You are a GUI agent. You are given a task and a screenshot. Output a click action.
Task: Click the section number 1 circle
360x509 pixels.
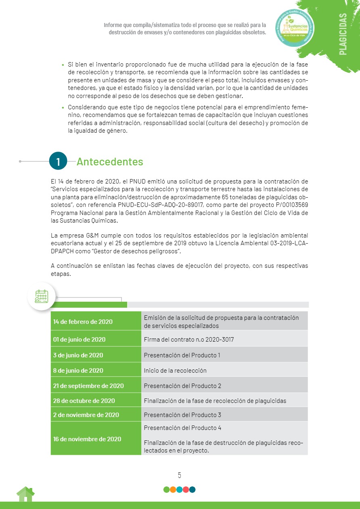(x=58, y=161)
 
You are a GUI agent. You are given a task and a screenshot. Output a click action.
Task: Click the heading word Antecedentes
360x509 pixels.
(x=110, y=162)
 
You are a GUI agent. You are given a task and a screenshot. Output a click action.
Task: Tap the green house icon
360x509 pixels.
(x=25, y=494)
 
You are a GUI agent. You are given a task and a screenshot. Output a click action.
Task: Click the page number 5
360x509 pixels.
(x=180, y=475)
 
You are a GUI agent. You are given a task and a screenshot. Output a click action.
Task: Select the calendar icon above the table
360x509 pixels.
(x=41, y=296)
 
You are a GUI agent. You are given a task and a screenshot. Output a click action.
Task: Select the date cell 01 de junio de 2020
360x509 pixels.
(x=80, y=340)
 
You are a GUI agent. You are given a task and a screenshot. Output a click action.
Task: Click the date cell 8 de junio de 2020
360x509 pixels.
(x=78, y=371)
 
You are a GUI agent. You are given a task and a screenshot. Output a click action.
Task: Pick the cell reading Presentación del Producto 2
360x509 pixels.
(x=182, y=386)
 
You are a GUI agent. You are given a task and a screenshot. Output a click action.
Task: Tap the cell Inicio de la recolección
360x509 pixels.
(x=175, y=371)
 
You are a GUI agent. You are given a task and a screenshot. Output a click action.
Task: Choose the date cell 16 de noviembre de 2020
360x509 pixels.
(x=87, y=439)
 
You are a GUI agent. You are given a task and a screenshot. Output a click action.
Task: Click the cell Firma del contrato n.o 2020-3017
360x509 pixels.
(x=189, y=340)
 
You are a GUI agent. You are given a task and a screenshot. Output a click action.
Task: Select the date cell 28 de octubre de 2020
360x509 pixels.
(x=84, y=401)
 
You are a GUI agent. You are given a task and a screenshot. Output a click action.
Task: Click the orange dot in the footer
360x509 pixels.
(x=173, y=490)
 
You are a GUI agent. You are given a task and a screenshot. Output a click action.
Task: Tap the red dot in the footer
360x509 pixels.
(x=186, y=490)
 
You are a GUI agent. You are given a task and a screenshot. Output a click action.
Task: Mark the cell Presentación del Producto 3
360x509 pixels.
(x=182, y=415)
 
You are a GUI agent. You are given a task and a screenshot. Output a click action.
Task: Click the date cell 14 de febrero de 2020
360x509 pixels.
(x=83, y=322)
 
